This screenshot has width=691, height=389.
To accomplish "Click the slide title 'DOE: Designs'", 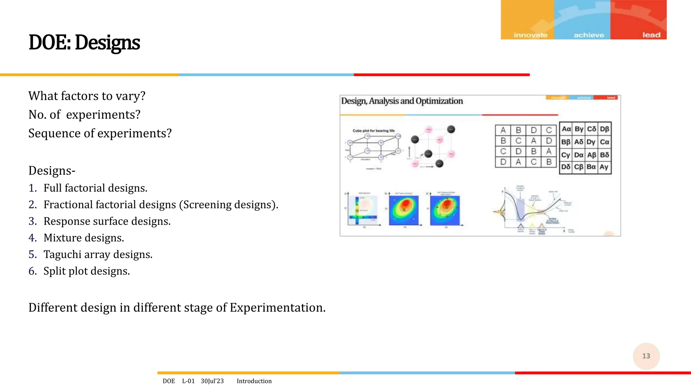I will pyautogui.click(x=84, y=43).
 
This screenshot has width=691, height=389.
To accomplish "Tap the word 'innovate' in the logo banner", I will pyautogui.click(x=530, y=35).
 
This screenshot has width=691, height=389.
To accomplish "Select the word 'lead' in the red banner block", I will pyautogui.click(x=651, y=35).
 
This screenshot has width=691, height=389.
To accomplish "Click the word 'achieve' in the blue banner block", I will pyautogui.click(x=589, y=35).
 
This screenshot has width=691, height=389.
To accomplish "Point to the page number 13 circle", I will pyautogui.click(x=646, y=356).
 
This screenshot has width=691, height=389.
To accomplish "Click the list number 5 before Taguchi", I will pyautogui.click(x=32, y=254).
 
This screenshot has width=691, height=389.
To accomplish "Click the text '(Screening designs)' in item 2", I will pyautogui.click(x=228, y=205).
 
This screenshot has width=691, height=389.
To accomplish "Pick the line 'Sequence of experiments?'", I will pyautogui.click(x=100, y=133).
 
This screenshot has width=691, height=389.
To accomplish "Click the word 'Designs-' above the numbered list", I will pyautogui.click(x=52, y=171).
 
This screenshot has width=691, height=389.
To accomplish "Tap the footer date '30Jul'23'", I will pyautogui.click(x=212, y=381).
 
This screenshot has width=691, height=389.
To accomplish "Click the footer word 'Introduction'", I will pyautogui.click(x=254, y=381).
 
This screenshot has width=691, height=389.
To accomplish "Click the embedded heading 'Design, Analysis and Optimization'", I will pyautogui.click(x=402, y=101).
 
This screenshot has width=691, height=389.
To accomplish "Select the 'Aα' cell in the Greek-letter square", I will pyautogui.click(x=566, y=129).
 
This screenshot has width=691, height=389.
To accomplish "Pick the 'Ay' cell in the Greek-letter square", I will pyautogui.click(x=604, y=167).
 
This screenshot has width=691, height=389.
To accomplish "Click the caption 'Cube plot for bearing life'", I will pyautogui.click(x=374, y=131).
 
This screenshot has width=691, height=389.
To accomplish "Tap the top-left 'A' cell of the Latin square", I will pyautogui.click(x=503, y=130).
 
